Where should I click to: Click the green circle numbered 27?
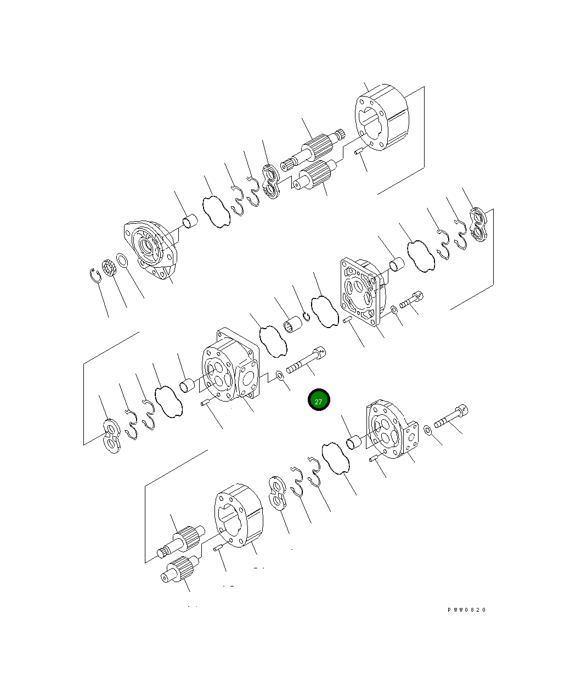[318, 399]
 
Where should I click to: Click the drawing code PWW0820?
[466, 610]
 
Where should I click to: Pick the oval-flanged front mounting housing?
[150, 249]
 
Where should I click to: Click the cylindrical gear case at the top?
[382, 117]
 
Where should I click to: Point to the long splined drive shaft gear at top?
[313, 149]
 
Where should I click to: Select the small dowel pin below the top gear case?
[358, 151]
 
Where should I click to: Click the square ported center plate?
[363, 292]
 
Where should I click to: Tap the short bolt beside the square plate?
[411, 300]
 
